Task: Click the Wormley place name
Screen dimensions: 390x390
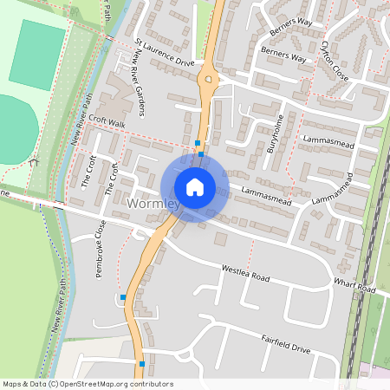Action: (152, 205)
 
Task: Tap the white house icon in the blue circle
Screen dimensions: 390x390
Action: (194, 187)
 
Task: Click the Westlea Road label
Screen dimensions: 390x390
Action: (246, 274)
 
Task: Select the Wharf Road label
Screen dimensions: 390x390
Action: (356, 286)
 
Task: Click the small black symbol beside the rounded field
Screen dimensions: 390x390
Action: (33, 161)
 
